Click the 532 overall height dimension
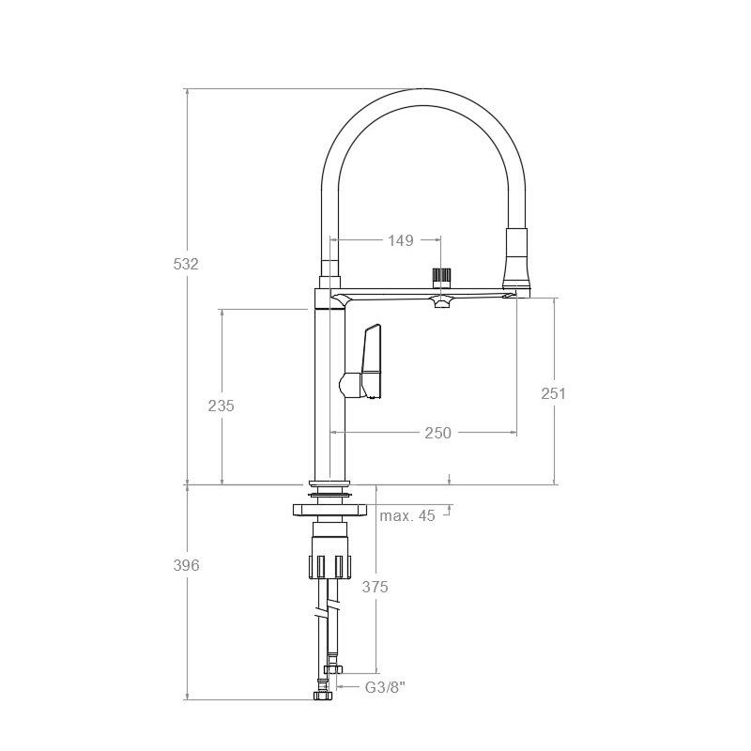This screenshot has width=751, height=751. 186,264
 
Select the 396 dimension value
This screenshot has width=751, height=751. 186,566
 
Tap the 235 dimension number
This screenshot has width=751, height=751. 221,406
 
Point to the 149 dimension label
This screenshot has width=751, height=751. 401,240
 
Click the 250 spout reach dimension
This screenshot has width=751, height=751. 437,433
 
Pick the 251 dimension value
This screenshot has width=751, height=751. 553,393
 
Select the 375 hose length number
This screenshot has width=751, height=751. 375,587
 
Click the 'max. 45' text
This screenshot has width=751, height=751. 407,515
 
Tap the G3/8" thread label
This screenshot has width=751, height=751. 385,687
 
